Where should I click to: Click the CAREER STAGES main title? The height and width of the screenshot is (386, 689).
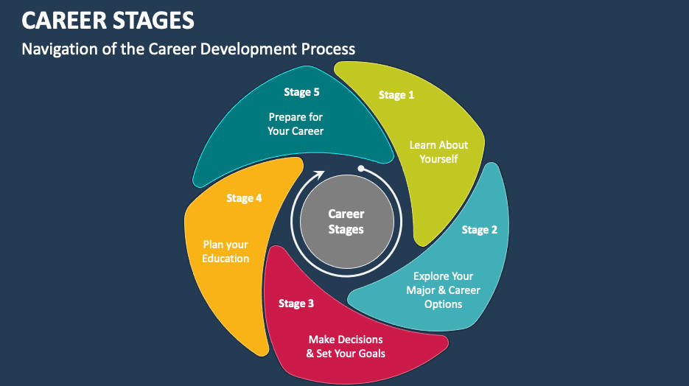(108, 20)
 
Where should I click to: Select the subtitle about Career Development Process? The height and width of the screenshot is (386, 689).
(188, 49)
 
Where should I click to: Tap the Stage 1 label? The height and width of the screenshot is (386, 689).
(396, 95)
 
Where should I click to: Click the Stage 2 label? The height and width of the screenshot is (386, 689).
(479, 230)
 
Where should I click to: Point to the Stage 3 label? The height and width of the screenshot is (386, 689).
(296, 303)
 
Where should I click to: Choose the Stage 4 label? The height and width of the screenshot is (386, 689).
(244, 198)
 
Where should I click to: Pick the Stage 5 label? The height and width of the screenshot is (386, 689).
(301, 92)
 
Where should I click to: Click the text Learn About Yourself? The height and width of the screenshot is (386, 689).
(438, 152)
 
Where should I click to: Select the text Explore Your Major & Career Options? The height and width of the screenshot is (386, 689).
(443, 290)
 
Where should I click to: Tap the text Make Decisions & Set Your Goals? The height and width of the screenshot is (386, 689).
(346, 346)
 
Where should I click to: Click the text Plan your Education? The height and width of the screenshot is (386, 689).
(225, 251)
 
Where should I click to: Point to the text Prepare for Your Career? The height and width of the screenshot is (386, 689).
(295, 124)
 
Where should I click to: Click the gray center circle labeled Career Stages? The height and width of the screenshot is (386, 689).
(346, 222)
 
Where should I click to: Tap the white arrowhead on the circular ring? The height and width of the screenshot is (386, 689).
(319, 175)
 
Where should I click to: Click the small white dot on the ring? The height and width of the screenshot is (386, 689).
(360, 169)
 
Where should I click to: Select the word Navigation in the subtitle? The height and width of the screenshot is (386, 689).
(62, 49)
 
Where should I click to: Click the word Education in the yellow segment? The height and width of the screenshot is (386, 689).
(225, 259)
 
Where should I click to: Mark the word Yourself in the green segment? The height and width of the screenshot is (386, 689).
(438, 159)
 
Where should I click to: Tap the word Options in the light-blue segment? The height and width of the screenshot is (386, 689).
(443, 304)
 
